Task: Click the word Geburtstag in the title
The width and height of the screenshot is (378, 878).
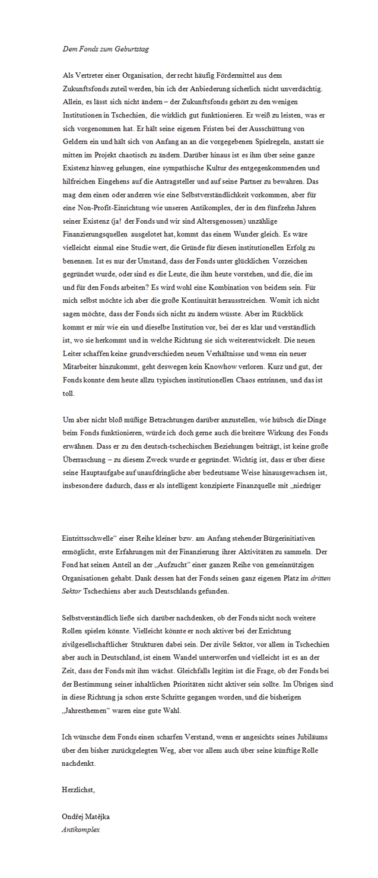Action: click(x=132, y=49)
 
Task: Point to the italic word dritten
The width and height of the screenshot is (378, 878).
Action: click(x=321, y=577)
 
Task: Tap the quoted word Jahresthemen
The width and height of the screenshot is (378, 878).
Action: click(x=88, y=710)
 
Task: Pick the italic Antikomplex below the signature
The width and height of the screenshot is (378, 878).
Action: click(x=81, y=829)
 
